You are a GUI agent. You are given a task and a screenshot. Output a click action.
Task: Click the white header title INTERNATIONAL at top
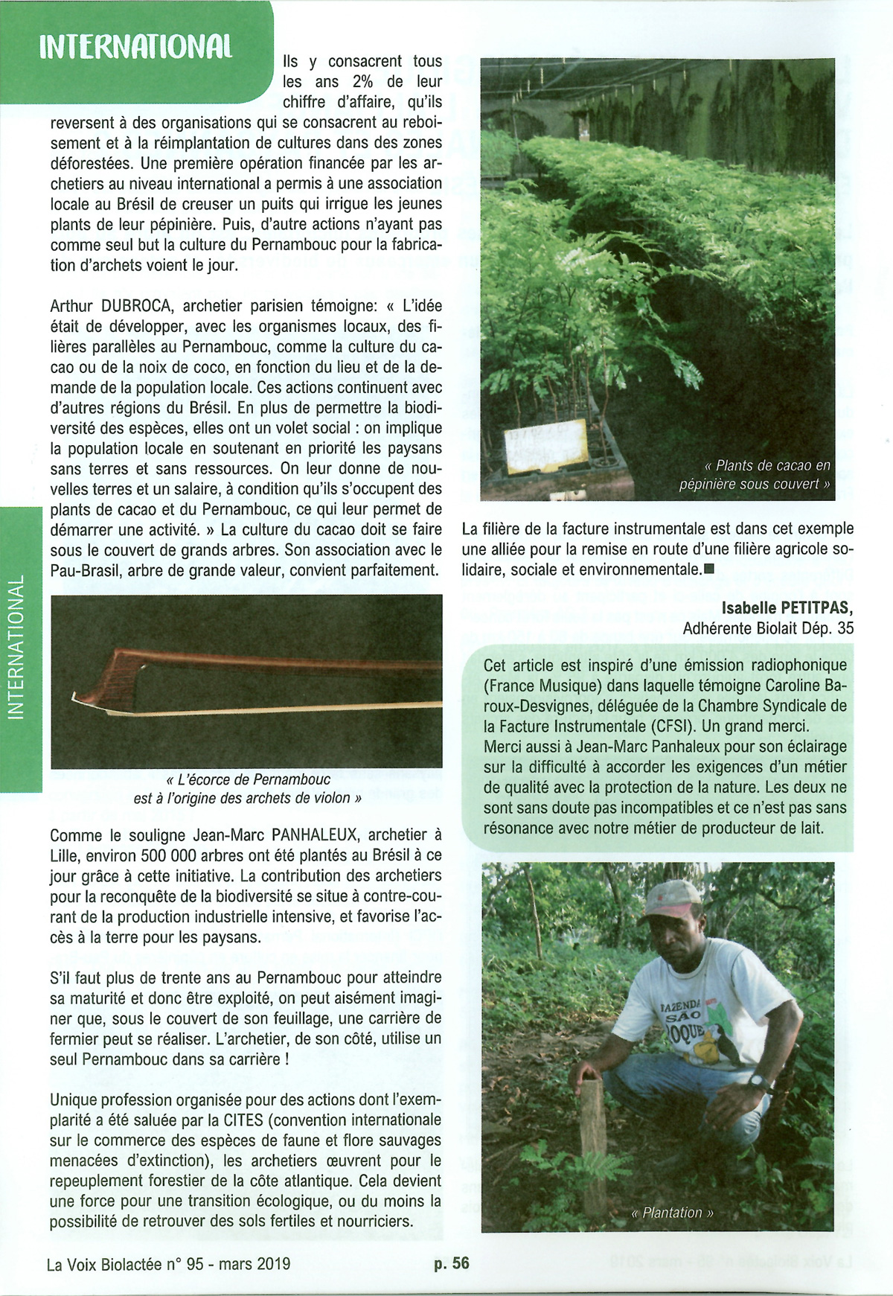[135, 46]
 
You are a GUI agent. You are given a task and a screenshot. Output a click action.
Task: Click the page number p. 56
[452, 1263]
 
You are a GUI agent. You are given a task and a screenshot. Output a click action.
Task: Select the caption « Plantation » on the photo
[672, 1213]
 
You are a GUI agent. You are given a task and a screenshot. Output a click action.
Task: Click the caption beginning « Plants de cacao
[755, 474]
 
